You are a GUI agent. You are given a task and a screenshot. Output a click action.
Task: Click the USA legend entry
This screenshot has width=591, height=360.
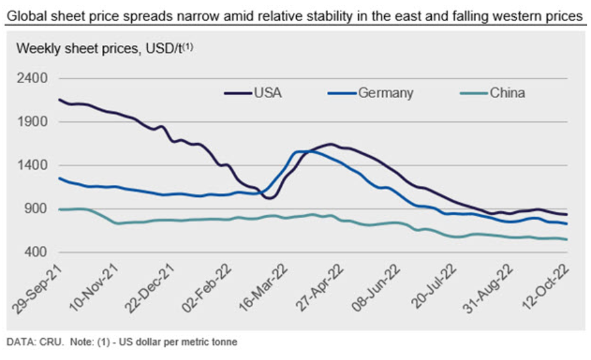(267, 93)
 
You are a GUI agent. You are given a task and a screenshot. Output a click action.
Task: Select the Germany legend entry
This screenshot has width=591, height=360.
(385, 93)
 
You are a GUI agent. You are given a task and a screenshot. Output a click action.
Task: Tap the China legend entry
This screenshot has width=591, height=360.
(507, 93)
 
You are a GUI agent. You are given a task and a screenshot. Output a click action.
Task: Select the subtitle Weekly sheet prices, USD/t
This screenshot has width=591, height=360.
(100, 49)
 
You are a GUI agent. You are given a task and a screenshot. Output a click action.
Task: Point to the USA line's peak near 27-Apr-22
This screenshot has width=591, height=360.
(330, 144)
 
